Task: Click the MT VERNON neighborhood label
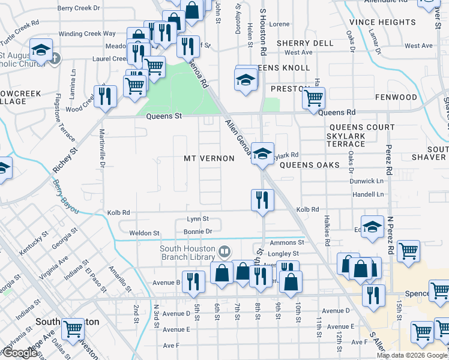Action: (x=209, y=158)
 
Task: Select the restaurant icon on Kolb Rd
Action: (x=262, y=200)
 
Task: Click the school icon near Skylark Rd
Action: (x=262, y=153)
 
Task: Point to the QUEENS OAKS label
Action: (x=310, y=165)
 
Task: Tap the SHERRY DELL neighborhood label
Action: (x=305, y=43)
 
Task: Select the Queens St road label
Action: (x=164, y=116)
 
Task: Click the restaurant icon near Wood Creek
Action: (x=106, y=96)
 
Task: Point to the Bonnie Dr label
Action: (x=198, y=231)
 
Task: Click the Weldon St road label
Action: (x=145, y=233)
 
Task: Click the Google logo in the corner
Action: (x=20, y=353)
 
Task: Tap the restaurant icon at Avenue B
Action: (x=193, y=281)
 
